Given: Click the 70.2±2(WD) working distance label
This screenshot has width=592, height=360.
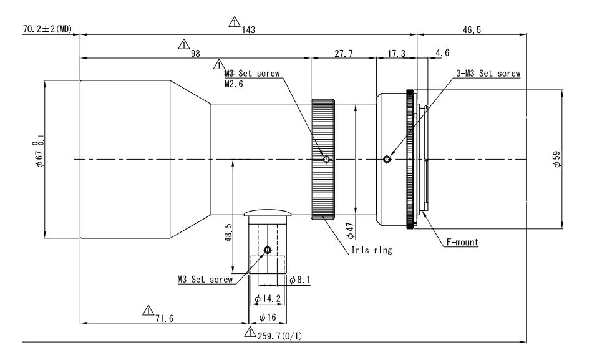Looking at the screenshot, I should tap(47, 29).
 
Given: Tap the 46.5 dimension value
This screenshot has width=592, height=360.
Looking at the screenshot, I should tap(472, 29).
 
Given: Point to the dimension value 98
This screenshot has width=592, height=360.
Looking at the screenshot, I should tap(195, 53).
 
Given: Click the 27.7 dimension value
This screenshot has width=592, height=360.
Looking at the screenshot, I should tap(343, 54).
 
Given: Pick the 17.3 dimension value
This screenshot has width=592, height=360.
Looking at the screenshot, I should tap(396, 54).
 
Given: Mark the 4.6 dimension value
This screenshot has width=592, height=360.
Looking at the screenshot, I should tap(443, 54).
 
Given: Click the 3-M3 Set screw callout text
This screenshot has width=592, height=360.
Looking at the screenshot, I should tap(487, 73).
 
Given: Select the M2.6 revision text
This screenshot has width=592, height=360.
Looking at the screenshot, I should tap(235, 83).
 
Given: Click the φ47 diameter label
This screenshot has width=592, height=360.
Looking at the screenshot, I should tap(351, 231).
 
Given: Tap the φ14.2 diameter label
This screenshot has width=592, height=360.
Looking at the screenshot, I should tap(268, 299).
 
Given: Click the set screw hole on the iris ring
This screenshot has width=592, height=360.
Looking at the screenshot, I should tap(326, 160).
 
